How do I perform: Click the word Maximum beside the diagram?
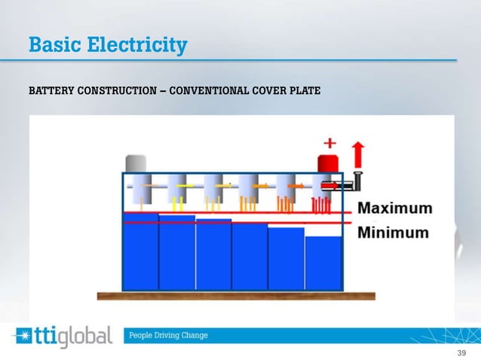coord(394,209)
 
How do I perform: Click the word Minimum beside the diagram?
coord(393,232)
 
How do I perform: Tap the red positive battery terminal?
coord(328,163)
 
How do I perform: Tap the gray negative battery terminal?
coord(136,163)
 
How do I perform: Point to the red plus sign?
coord(329,142)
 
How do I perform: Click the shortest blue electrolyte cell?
coord(323,264)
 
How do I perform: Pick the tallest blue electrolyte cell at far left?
coord(140,252)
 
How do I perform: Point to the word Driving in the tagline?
coord(170,335)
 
